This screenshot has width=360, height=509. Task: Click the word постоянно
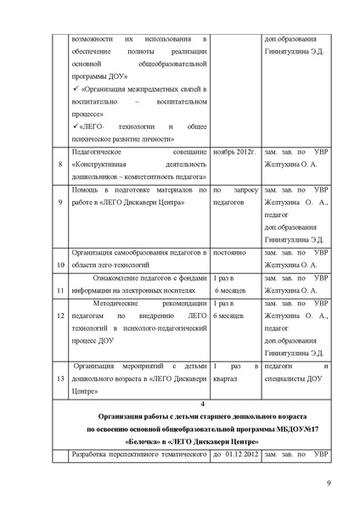(x=233, y=252)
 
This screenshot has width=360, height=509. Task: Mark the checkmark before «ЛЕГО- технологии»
(x=76, y=126)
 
